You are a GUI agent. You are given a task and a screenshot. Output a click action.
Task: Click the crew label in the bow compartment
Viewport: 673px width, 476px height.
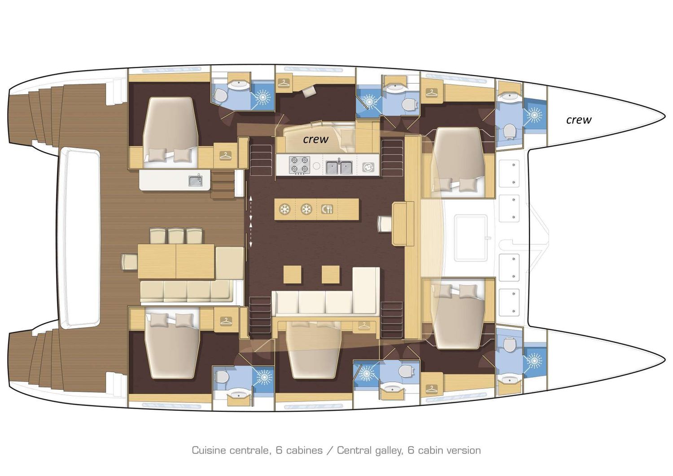(578, 120)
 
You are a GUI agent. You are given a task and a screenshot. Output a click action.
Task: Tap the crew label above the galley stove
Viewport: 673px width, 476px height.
(315, 139)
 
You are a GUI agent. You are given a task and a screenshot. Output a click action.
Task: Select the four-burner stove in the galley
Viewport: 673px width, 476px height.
(299, 165)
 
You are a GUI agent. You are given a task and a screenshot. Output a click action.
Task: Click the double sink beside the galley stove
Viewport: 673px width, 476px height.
(339, 167)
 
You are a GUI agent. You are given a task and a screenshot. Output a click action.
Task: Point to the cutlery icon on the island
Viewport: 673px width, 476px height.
(327, 209)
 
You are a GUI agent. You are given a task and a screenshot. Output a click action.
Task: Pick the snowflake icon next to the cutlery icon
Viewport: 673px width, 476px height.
(306, 209)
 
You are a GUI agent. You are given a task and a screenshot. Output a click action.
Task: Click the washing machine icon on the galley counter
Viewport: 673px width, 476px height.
(368, 167)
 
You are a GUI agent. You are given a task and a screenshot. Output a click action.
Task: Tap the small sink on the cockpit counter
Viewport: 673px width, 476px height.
(195, 181)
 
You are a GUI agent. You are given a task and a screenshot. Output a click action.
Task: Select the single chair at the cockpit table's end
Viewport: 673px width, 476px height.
(129, 262)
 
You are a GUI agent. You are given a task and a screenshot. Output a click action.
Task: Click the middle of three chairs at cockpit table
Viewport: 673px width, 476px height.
(175, 236)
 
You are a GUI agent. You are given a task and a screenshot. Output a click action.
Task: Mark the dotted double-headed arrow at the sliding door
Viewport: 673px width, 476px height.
(250, 221)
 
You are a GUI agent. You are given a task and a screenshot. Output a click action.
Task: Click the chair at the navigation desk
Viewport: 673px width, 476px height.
(385, 224)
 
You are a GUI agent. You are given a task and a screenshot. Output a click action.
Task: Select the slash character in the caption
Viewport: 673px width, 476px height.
(330, 450)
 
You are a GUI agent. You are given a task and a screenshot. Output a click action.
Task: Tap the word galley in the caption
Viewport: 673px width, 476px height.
(386, 450)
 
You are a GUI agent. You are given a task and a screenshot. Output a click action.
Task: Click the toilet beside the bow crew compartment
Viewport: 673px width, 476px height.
(509, 131)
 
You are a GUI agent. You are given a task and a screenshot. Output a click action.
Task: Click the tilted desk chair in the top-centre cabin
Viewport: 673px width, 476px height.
(309, 92)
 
